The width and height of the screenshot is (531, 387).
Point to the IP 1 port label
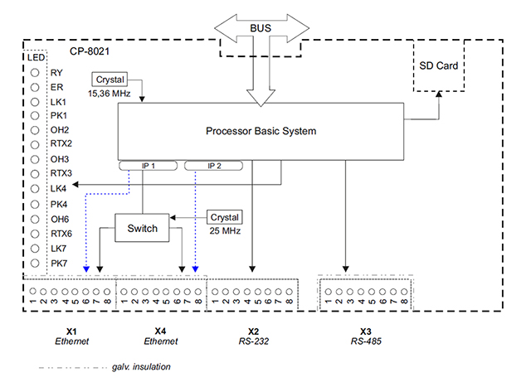[148, 166]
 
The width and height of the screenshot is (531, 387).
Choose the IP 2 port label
[214, 166]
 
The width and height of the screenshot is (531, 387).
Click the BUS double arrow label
[261, 28]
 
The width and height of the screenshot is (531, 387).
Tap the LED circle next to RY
[35, 73]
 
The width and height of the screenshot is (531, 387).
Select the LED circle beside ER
[35, 87]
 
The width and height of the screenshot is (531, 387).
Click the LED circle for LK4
[35, 189]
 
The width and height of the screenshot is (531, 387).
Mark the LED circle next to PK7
[35, 263]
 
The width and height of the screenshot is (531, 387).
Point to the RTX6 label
[61, 234]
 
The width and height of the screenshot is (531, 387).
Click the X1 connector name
[71, 331]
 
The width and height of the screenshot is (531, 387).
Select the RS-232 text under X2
[254, 341]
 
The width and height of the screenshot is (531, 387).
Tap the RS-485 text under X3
[366, 341]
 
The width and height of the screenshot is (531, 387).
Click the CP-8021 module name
[90, 51]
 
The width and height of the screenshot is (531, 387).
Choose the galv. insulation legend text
[141, 367]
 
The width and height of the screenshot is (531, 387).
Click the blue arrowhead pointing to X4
[195, 269]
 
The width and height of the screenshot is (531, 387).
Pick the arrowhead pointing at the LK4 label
[76, 184]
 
